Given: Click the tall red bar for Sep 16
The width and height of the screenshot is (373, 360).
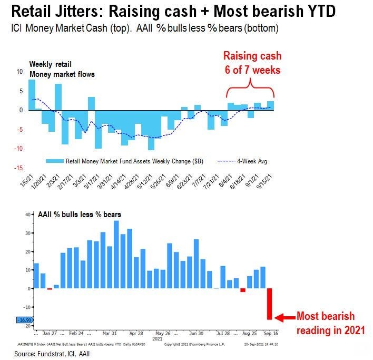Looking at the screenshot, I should [270, 304].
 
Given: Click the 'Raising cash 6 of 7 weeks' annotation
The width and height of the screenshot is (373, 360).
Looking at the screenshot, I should [252, 62].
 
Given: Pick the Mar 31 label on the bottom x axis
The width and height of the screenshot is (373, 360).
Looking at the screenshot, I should [110, 334].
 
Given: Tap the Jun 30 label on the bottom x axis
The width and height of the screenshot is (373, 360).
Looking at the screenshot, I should [196, 334].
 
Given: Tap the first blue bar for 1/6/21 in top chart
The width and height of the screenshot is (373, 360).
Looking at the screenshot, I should [32, 95].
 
